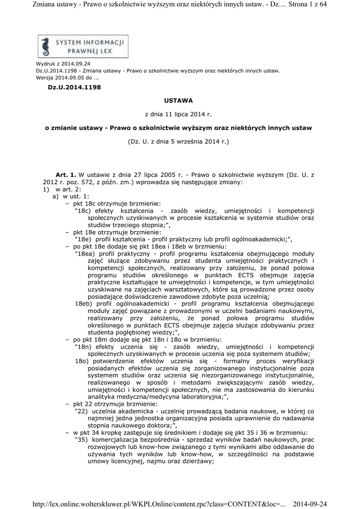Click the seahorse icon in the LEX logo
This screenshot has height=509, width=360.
[x=46, y=46]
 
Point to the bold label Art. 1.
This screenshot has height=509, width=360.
[x=66, y=175]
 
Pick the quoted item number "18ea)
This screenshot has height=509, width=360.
[x=84, y=253]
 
